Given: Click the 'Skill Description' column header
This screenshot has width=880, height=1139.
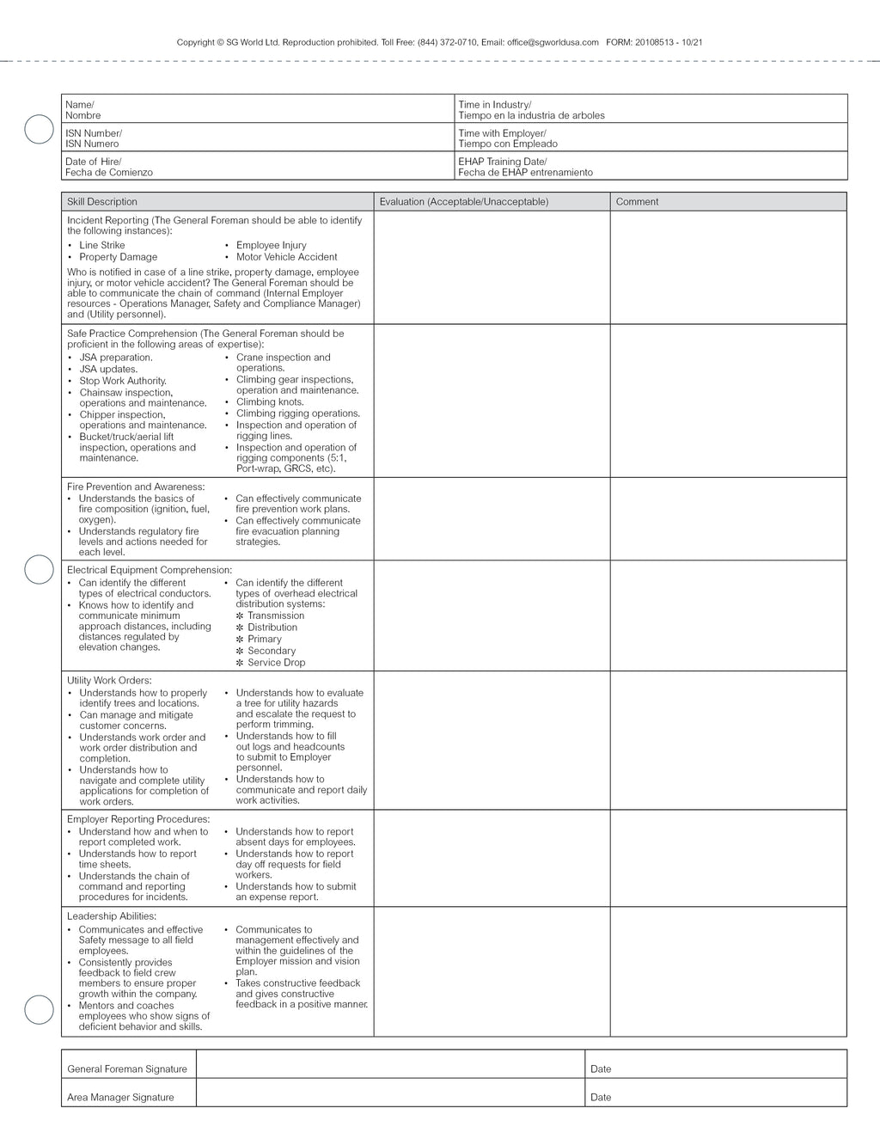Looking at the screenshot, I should [x=101, y=202].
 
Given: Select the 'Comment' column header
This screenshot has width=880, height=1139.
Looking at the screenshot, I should [x=637, y=202].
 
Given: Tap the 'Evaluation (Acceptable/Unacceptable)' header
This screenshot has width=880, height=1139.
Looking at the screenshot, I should [x=463, y=202].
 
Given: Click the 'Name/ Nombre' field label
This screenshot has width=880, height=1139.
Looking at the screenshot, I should [x=82, y=110].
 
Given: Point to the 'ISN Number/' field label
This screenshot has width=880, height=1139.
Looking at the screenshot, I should [x=93, y=133].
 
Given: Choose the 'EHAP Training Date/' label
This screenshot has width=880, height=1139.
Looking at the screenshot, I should [x=502, y=162].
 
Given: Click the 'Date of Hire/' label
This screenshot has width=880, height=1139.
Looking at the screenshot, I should [x=93, y=162].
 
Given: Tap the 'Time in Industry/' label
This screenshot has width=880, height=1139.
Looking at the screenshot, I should [x=494, y=105].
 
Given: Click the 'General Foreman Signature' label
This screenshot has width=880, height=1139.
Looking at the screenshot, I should [x=126, y=1069].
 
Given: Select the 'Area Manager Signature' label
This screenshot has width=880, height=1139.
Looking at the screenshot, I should [x=120, y=1098].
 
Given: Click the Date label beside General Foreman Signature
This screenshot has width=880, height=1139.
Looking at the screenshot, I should [x=601, y=1069].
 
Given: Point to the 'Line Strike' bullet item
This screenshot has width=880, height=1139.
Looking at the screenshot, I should [x=101, y=245].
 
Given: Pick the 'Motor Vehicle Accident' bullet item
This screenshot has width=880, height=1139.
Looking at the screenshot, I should [x=286, y=257].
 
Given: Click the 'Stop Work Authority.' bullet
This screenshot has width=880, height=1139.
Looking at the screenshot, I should [x=123, y=381].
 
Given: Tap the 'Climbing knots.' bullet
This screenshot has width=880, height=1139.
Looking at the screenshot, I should [x=270, y=401].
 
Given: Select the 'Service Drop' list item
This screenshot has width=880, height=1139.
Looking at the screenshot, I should [x=276, y=663].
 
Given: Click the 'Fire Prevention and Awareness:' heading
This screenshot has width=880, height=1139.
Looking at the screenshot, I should [x=136, y=487].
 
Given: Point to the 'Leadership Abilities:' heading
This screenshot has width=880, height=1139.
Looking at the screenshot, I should [x=112, y=916].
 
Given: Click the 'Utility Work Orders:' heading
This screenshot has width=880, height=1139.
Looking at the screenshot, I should [x=109, y=680].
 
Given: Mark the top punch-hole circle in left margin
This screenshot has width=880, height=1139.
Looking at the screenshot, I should [x=39, y=129].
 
